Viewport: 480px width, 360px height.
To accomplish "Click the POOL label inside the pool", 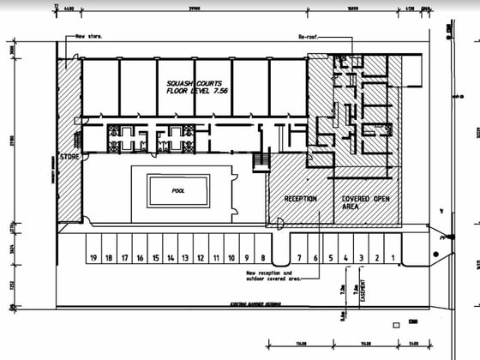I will pyautogui.click(x=178, y=190).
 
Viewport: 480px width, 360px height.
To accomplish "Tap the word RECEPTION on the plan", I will pyautogui.click(x=301, y=199).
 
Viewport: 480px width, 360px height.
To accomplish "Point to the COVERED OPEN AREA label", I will pyautogui.click(x=363, y=203).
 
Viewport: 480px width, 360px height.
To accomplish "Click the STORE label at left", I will pyautogui.click(x=69, y=157).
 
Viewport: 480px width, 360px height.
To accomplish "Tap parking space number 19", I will pyautogui.click(x=92, y=257).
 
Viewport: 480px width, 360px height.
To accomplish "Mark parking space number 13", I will pyautogui.click(x=184, y=257).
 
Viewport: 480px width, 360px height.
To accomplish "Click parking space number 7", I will pyautogui.click(x=299, y=257).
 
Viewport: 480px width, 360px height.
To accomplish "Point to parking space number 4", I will pyautogui.click(x=345, y=257).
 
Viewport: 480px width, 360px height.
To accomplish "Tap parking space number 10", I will pyautogui.click(x=216, y=257).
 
